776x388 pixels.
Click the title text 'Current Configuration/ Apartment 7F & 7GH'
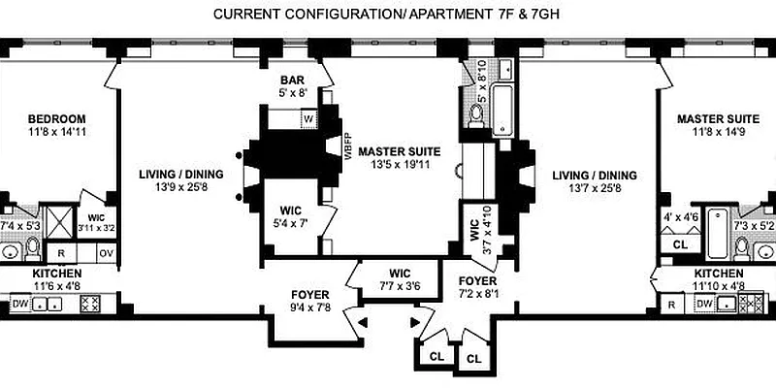(x=388, y=15)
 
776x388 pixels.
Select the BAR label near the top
(x=293, y=81)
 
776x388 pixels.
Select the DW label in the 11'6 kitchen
(x=16, y=305)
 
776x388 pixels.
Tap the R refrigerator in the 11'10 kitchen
(x=672, y=304)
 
